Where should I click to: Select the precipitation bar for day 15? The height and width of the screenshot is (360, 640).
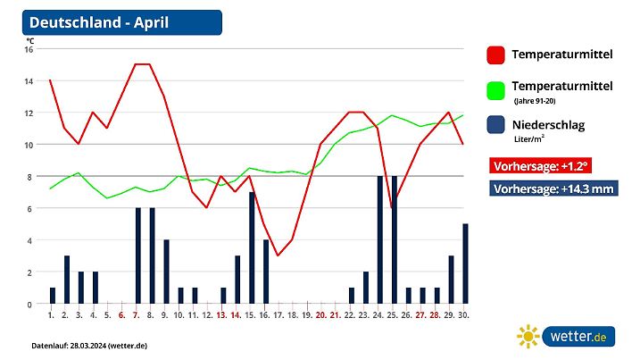pos(252,248)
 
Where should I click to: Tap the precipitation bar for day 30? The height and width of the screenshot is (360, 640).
pos(465,264)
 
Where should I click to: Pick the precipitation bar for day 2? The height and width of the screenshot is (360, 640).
pos(67,280)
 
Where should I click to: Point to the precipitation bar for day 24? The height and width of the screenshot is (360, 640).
pos(380,240)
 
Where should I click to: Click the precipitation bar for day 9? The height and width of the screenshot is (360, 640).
pos(166,272)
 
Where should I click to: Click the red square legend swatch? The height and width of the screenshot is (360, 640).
pos(497,55)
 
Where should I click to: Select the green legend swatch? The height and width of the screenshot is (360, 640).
pos(497,90)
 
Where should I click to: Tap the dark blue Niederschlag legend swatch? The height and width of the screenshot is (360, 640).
pos(497,126)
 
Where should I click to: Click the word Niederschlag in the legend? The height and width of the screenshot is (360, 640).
pos(548,125)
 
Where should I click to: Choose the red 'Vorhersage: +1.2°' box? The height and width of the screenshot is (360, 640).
pos(540,165)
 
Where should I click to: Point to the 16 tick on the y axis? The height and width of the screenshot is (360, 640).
pos(29,49)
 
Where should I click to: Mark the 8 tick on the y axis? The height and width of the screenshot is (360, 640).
pos(29,177)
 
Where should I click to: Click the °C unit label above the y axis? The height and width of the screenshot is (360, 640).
pos(29,40)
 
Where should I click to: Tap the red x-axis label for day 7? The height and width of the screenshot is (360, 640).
pos(136,314)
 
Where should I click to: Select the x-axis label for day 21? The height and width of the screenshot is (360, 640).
pos(335,314)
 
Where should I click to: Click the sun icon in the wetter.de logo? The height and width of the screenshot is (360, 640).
pos(529,337)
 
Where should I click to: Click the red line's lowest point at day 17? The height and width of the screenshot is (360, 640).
pos(278,255)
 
